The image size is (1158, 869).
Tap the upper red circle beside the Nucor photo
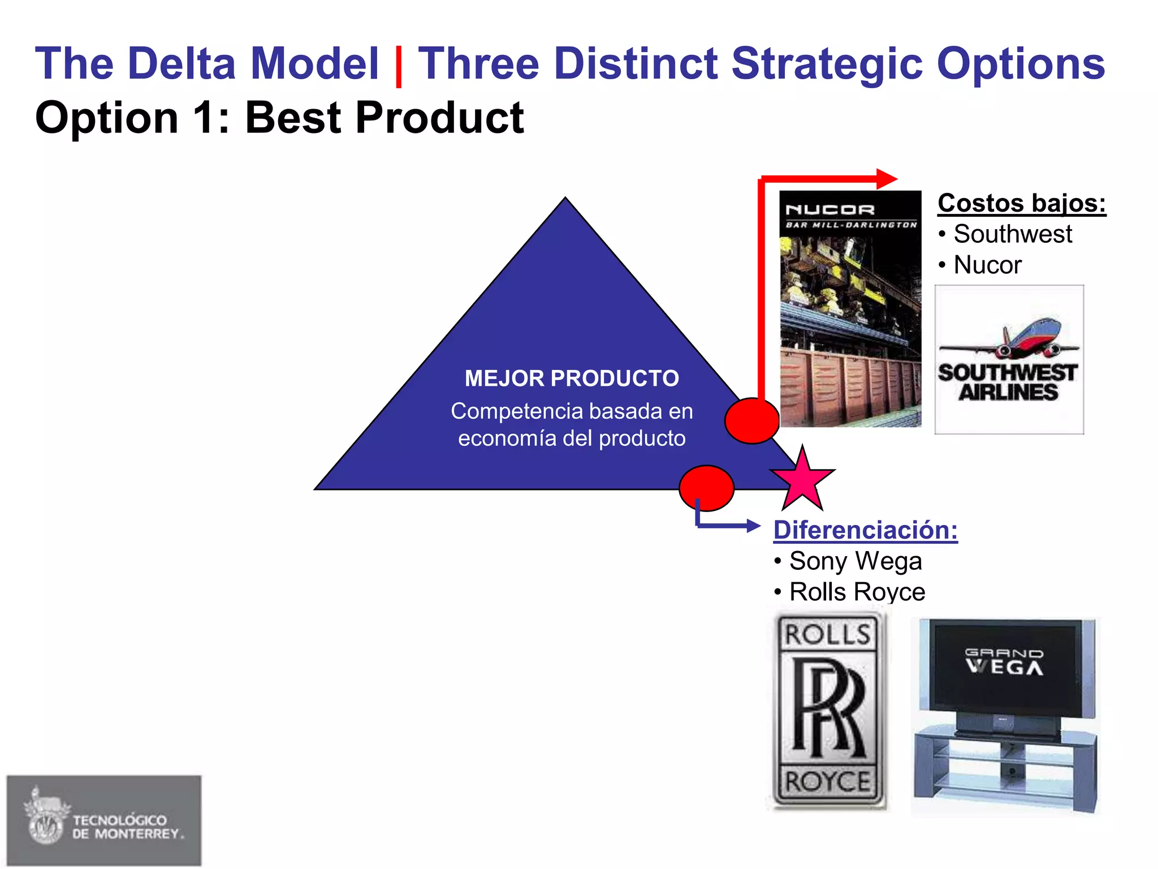tap(752, 420)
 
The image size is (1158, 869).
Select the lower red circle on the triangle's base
tap(706, 488)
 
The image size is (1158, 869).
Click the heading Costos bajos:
tap(1021, 203)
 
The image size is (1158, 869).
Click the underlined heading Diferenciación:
tap(865, 530)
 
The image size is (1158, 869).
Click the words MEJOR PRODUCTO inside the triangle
tap(572, 378)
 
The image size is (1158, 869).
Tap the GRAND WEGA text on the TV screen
tap(1004, 662)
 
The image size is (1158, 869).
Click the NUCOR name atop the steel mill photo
tap(830, 210)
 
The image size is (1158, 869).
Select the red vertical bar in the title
tap(398, 66)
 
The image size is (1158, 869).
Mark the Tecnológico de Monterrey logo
tap(104, 820)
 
